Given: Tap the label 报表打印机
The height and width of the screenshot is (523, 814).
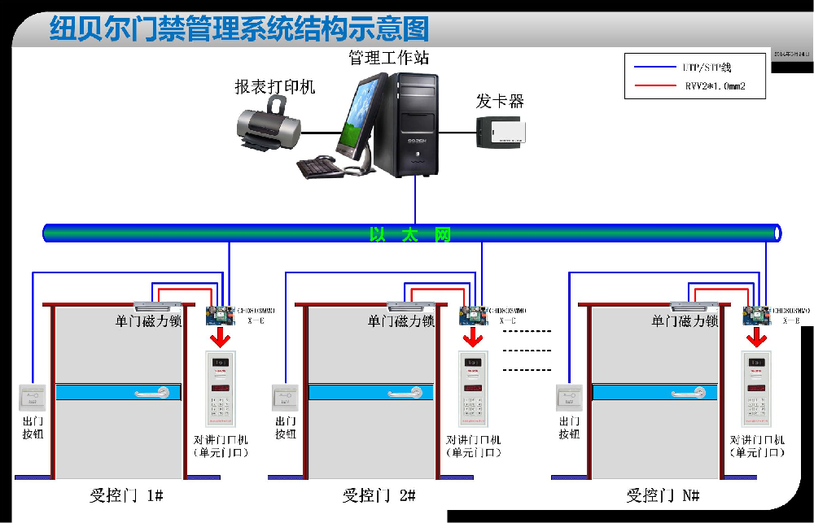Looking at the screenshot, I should pyautogui.click(x=274, y=86).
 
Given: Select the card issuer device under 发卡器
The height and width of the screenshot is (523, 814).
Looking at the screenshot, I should pyautogui.click(x=501, y=132).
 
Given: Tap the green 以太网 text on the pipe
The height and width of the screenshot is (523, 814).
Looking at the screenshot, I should pyautogui.click(x=409, y=235).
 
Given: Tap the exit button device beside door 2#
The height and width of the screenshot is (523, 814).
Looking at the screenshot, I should pyautogui.click(x=285, y=397).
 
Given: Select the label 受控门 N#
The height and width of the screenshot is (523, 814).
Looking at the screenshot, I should pyautogui.click(x=663, y=495).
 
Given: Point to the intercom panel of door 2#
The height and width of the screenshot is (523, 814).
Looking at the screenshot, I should pyautogui.click(x=472, y=389).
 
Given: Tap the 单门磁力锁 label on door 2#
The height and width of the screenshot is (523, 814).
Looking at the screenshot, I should pyautogui.click(x=400, y=321).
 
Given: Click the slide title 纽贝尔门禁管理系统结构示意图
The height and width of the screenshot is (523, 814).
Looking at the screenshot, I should pyautogui.click(x=239, y=29).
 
